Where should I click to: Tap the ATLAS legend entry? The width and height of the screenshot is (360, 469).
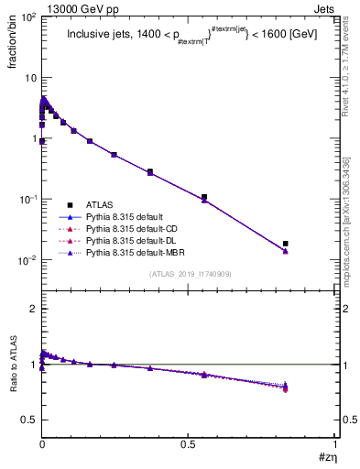pyautogui.click(x=102, y=204)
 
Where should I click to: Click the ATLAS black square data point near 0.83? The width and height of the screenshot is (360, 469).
pyautogui.click(x=286, y=244)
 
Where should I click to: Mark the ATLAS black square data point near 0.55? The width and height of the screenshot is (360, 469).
pyautogui.click(x=204, y=197)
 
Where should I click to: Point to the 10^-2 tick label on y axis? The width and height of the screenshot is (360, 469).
pyautogui.click(x=26, y=260)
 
